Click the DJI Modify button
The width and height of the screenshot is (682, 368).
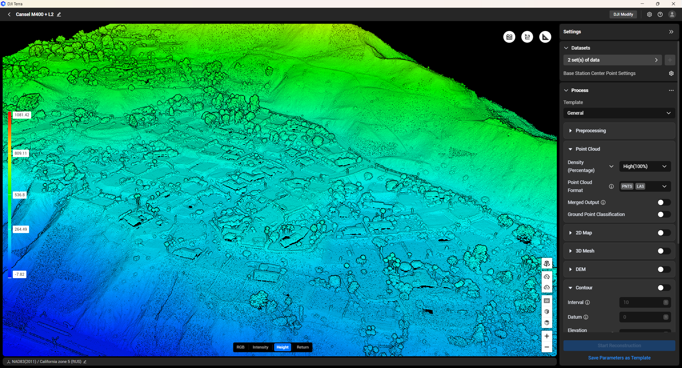click(x=623, y=14)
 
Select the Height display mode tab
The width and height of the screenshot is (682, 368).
click(x=282, y=347)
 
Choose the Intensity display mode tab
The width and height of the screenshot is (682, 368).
click(x=260, y=347)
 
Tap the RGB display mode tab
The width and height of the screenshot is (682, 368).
click(x=240, y=347)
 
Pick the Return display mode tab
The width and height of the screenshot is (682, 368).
click(x=303, y=347)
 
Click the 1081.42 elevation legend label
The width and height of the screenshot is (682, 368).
click(x=22, y=115)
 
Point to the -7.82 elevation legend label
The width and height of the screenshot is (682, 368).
click(x=19, y=274)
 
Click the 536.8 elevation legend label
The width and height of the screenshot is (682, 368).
click(x=19, y=195)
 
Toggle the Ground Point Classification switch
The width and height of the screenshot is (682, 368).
click(x=664, y=214)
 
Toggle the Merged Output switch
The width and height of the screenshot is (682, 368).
click(x=664, y=202)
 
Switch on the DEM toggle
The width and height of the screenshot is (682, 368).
click(x=664, y=269)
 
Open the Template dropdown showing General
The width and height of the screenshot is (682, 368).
click(x=619, y=113)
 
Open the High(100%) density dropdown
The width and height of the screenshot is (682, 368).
click(x=645, y=166)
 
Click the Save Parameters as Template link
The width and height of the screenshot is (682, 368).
click(x=619, y=358)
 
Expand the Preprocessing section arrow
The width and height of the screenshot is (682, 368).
click(x=570, y=131)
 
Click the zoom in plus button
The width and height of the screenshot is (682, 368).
click(x=547, y=336)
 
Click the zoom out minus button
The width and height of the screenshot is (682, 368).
click(x=547, y=347)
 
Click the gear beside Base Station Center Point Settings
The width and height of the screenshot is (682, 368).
click(x=671, y=73)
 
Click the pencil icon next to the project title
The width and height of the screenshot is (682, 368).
click(x=59, y=14)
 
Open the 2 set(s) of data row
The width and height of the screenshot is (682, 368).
click(x=612, y=60)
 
